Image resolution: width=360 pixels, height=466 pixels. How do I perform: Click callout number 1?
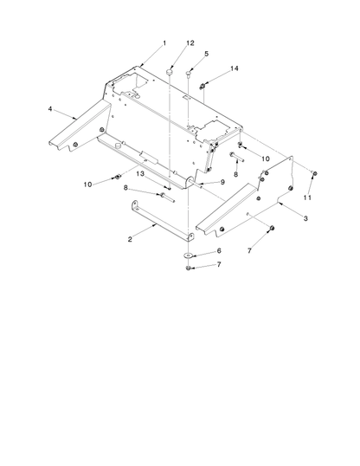point(164,43)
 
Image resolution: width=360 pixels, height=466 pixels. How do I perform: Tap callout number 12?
point(190,43)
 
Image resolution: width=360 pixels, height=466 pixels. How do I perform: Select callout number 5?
point(207,54)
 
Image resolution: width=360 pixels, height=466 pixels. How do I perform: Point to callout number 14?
point(235,68)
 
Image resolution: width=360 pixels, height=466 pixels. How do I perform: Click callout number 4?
point(50,109)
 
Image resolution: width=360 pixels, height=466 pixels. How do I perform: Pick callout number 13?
point(140,173)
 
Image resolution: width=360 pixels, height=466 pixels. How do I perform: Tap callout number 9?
point(222,182)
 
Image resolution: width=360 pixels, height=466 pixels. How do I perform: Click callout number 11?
point(307,197)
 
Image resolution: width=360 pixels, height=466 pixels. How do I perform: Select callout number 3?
point(305,219)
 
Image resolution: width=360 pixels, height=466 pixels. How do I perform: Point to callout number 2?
point(130,239)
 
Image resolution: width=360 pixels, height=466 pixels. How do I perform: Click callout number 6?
point(219,251)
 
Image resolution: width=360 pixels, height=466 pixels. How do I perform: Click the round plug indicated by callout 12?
point(169,72)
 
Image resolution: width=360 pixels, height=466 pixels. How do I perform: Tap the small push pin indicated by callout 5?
point(189,73)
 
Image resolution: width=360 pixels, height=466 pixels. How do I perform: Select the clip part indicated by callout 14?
point(202,87)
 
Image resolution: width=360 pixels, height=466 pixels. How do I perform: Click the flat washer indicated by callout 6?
point(188,256)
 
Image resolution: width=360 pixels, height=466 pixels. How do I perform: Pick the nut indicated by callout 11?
point(315,173)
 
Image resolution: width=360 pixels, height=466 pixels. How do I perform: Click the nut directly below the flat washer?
point(188,269)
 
